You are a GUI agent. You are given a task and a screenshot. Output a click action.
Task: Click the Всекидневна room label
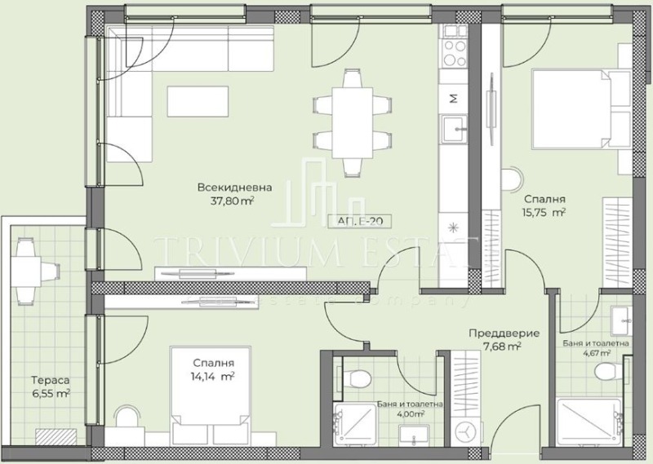click(233, 188)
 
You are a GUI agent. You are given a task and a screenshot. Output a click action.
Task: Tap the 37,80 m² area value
click(233, 201)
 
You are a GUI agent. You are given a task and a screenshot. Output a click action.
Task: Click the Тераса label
click(48, 380)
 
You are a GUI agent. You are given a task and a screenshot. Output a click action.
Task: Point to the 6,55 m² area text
click(50, 393)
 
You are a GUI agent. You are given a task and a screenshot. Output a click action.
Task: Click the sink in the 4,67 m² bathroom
click(618, 317)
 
